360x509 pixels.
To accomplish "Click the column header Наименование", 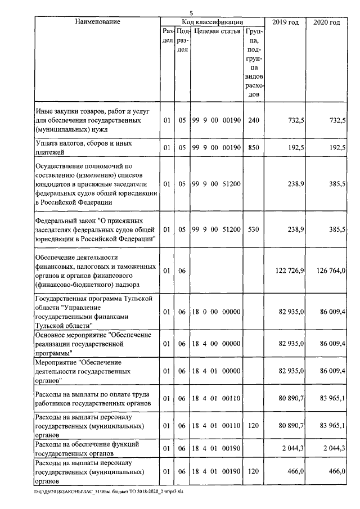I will (97, 22).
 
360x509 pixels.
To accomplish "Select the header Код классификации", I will (212, 22).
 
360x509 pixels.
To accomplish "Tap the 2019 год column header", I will (285, 22).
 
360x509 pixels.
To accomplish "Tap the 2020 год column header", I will (326, 22).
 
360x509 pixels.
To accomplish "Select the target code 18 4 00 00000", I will (217, 343).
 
